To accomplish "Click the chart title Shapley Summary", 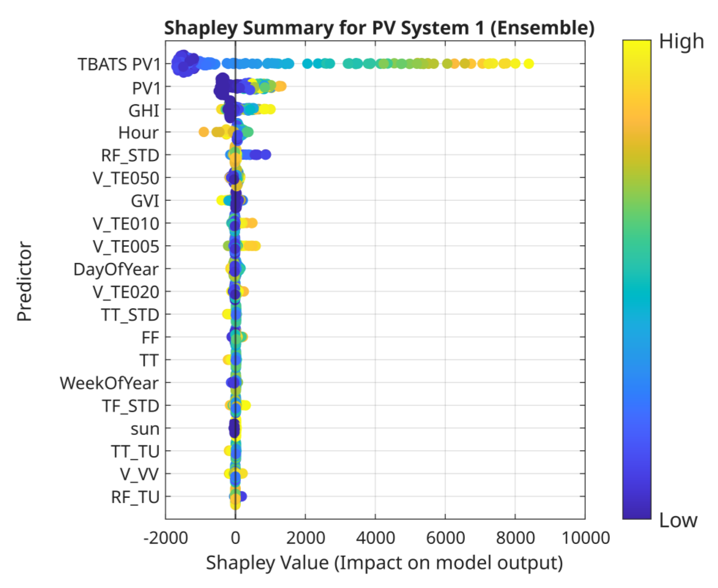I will pos(379,28).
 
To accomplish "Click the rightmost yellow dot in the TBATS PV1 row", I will pos(529,63).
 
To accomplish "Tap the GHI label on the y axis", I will pos(144,110).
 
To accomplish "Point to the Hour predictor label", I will pos(138,133).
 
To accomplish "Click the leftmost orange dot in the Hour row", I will pos(203,132).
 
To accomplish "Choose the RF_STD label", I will pos(130,155).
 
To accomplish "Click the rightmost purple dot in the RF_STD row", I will pos(266,155).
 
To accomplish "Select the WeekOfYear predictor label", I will pos(109,383).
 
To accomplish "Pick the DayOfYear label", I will pos(116,270).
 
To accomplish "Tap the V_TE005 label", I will pos(126,247).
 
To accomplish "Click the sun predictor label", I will pos(145,429).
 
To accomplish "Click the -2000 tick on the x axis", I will pos(165,538).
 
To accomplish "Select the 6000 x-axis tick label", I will pos(445,538).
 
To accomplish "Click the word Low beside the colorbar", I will pos(678,521).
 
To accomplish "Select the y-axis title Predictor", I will pos(24,281).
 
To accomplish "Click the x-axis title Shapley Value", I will pos(384,563).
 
